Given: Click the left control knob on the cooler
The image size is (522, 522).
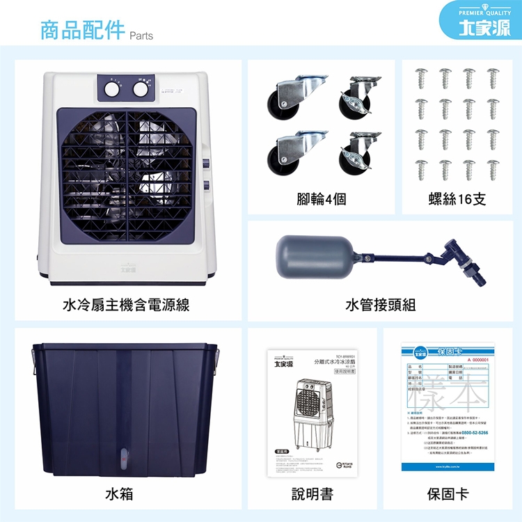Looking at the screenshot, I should click(112, 88).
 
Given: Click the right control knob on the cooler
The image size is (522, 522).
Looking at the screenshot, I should click(141, 88).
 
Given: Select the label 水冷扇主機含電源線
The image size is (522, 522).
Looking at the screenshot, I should click(126, 305).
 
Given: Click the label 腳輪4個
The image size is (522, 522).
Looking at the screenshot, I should click(321, 200).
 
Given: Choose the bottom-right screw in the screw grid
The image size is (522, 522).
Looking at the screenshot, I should click(493, 169).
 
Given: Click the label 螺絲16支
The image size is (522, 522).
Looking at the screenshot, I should click(457, 200).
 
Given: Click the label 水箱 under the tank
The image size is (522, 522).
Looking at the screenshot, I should click(119, 494).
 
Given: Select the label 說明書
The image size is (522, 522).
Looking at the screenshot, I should click(312, 494).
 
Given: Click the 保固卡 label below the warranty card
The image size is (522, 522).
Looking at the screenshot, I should click(448, 494).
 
